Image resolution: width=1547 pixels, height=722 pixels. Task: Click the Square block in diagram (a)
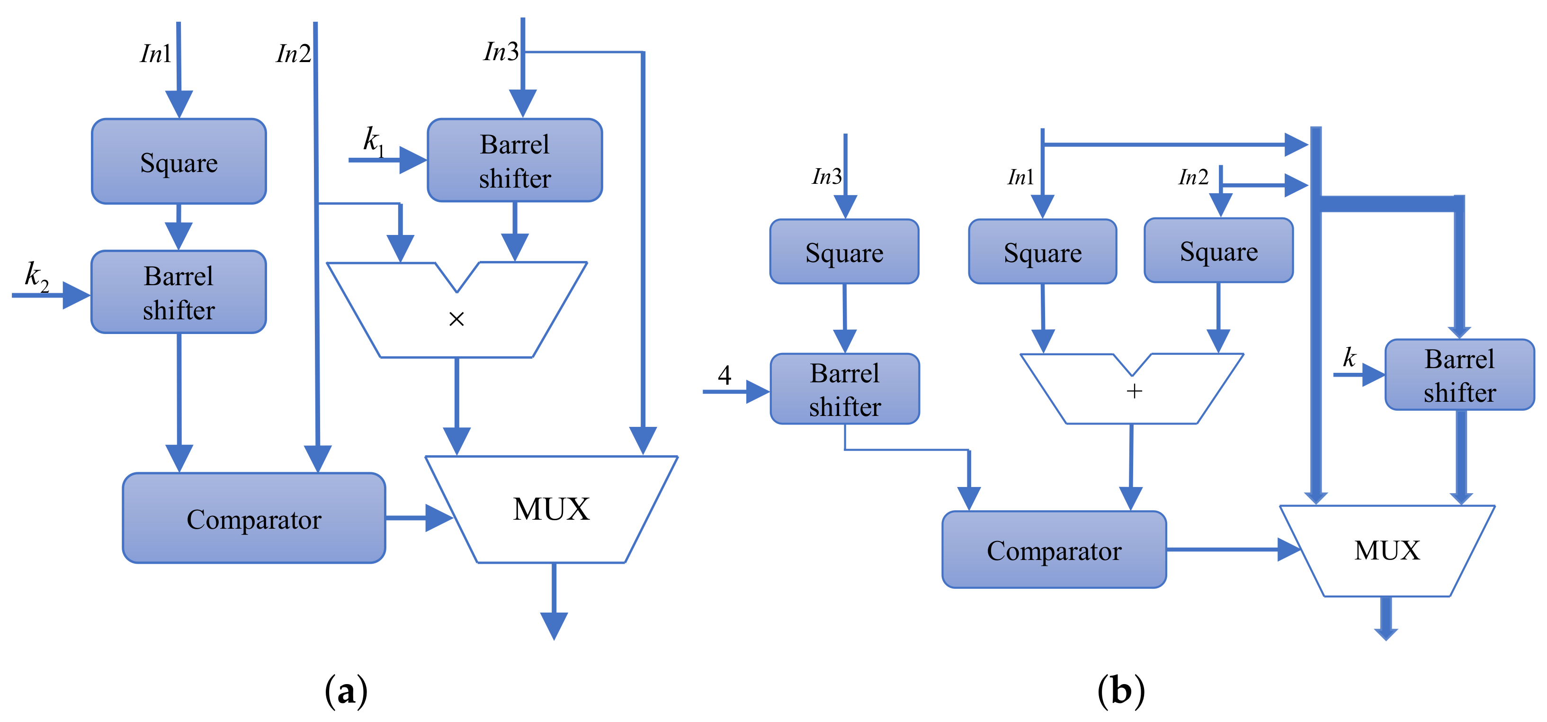click(x=179, y=162)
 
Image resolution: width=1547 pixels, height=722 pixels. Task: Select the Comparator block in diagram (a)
click(x=253, y=518)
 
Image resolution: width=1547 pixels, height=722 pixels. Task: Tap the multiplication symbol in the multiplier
click(x=456, y=319)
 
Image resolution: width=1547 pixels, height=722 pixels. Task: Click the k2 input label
click(x=36, y=276)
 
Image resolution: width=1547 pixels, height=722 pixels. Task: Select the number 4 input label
click(x=724, y=375)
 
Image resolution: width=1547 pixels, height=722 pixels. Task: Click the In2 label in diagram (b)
click(x=1193, y=177)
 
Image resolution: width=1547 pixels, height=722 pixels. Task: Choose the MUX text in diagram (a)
click(x=551, y=509)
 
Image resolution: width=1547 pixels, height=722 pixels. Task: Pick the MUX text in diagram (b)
click(x=1386, y=550)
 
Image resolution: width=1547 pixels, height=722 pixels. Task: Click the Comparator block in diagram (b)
click(x=1054, y=550)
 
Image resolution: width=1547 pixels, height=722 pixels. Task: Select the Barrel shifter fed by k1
click(x=515, y=161)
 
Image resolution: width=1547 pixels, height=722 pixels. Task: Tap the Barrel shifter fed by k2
click(x=179, y=292)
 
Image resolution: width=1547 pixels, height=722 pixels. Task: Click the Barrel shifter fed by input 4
click(x=844, y=389)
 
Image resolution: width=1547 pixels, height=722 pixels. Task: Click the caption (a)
click(x=346, y=691)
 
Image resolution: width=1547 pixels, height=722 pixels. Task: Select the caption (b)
click(x=1121, y=691)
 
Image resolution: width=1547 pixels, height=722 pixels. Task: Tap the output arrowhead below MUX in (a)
click(x=554, y=625)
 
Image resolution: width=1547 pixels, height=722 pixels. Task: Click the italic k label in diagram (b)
click(x=1349, y=358)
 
